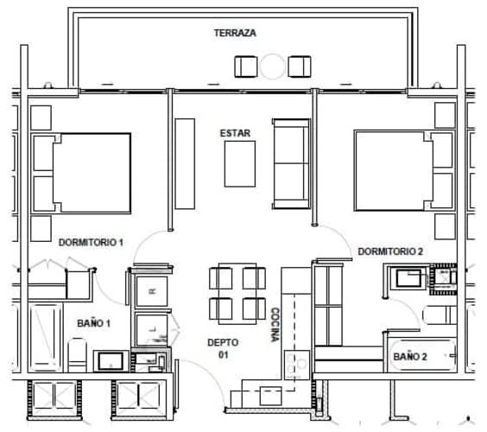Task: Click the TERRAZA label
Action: click(x=235, y=33)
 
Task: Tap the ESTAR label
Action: click(x=235, y=132)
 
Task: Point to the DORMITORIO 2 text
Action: click(x=391, y=251)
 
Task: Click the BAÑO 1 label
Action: click(x=93, y=323)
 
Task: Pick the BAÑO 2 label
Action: click(x=410, y=356)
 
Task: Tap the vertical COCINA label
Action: click(x=275, y=325)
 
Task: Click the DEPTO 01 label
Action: click(x=223, y=348)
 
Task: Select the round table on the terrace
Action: click(x=273, y=67)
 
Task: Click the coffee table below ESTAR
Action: click(x=239, y=164)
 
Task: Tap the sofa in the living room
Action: click(x=290, y=163)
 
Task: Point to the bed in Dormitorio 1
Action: click(x=82, y=173)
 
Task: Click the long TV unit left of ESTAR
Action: click(x=185, y=163)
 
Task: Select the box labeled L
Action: click(x=152, y=329)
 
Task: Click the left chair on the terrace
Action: click(x=246, y=67)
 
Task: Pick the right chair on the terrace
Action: click(x=300, y=67)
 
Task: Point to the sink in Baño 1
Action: click(x=111, y=360)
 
